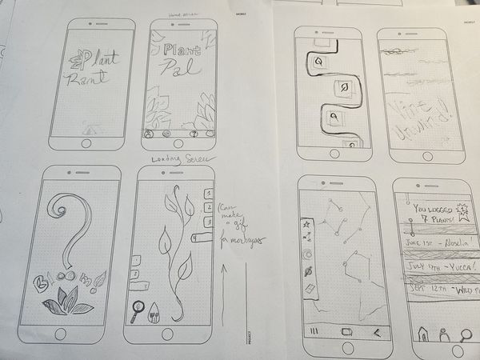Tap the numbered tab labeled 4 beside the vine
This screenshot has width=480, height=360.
pos(197,238)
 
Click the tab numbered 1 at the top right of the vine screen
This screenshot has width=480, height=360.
pos(208,192)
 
